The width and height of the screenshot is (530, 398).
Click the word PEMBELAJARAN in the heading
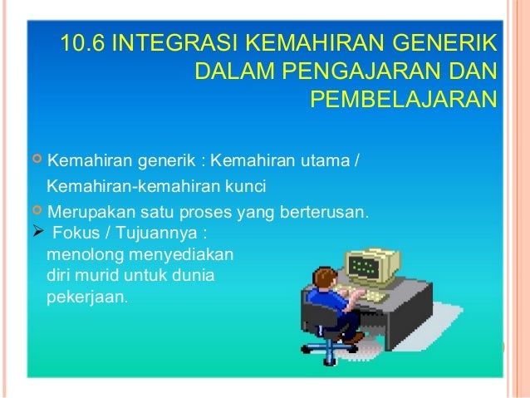click(x=403, y=100)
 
